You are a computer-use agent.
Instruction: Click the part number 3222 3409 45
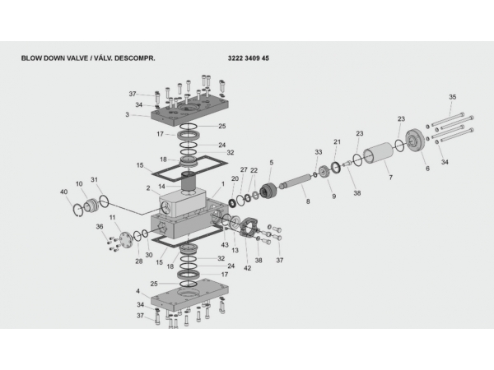tap(249, 58)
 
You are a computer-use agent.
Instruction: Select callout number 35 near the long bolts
tap(452, 97)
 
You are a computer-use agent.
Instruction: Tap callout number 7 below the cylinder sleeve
tap(390, 178)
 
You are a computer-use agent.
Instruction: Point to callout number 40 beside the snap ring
tap(63, 192)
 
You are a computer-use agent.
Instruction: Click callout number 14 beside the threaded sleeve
tap(161, 187)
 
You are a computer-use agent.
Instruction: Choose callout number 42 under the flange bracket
tap(248, 268)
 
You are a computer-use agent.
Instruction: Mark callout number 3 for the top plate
tap(128, 114)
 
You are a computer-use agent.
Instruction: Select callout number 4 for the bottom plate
tap(137, 291)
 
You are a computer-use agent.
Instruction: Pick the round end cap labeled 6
tap(416, 140)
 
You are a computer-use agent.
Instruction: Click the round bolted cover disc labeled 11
tap(126, 241)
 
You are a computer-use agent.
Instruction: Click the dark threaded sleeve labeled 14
tap(189, 182)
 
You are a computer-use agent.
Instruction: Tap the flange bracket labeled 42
tap(249, 229)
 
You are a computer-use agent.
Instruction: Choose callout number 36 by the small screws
tap(100, 227)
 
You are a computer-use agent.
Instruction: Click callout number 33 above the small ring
tap(319, 152)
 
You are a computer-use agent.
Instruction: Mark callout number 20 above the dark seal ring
tap(235, 178)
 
